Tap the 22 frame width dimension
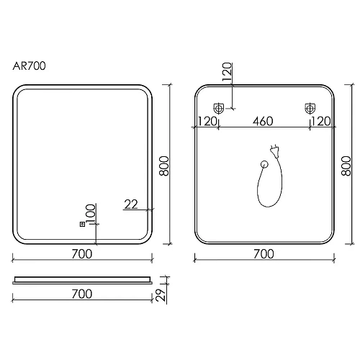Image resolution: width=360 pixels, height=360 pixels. [130, 204]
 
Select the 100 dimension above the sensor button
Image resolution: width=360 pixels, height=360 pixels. [90, 213]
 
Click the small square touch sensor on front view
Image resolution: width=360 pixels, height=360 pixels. [83, 223]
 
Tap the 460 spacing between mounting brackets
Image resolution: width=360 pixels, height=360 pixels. [264, 120]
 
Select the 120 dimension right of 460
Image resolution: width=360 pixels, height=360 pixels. [321, 120]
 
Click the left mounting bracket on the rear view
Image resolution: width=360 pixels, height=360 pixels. [219, 109]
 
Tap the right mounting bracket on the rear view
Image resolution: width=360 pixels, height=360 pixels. [310, 109]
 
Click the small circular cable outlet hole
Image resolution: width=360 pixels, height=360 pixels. [264, 166]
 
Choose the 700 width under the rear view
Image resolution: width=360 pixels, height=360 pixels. [264, 253]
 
